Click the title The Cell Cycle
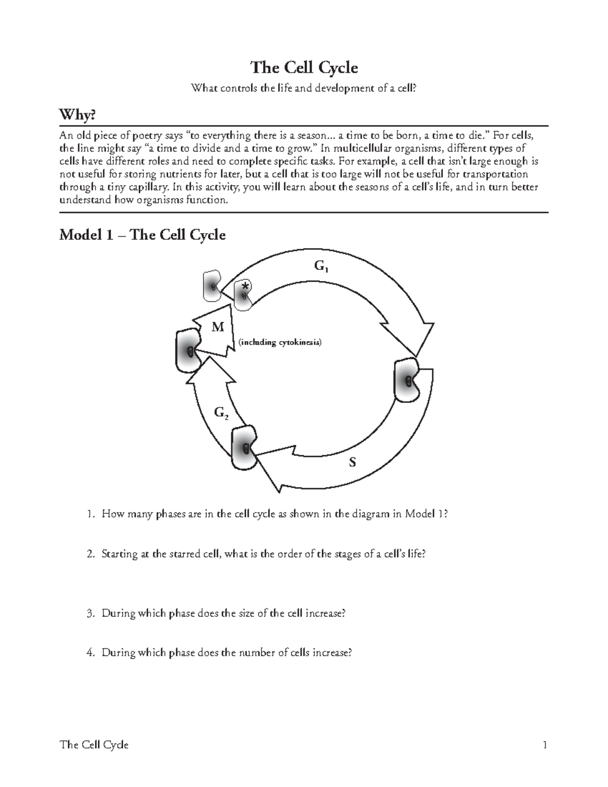click(x=304, y=68)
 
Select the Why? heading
click(x=77, y=116)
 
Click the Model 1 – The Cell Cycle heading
click(x=142, y=235)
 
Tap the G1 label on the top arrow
click(x=321, y=266)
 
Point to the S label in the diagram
click(x=353, y=462)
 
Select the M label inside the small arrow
click(x=218, y=327)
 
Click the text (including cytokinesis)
click(x=280, y=342)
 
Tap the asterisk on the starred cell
click(x=245, y=286)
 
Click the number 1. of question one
click(x=90, y=514)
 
